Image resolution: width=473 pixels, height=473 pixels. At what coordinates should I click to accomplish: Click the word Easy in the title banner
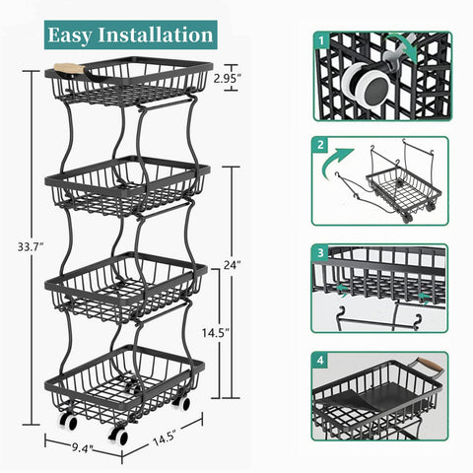click(76, 34)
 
